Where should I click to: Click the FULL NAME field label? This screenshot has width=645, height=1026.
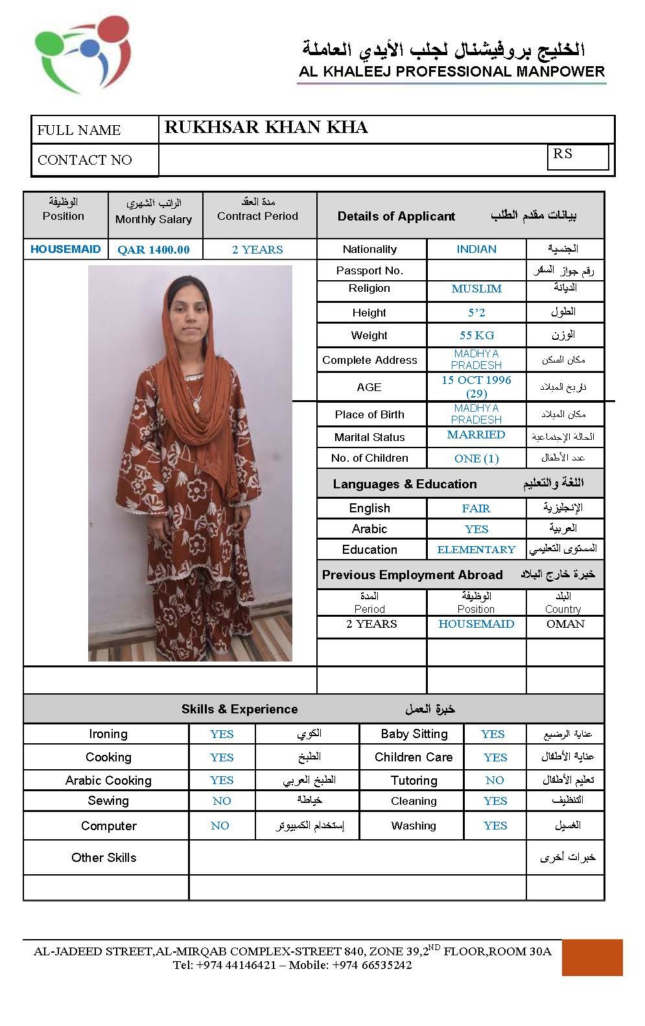click(x=79, y=130)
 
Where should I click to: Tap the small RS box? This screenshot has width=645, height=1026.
click(x=578, y=156)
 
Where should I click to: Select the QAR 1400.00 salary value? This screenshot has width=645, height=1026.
click(x=154, y=250)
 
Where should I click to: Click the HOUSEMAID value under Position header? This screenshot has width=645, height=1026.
click(x=65, y=249)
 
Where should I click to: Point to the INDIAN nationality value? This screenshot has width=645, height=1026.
click(x=476, y=249)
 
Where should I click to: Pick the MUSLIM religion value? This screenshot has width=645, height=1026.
click(x=476, y=289)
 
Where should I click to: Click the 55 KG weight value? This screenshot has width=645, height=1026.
click(x=476, y=335)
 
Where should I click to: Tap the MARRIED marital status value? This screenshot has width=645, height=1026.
click(x=476, y=435)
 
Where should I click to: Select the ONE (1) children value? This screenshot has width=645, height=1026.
click(x=476, y=459)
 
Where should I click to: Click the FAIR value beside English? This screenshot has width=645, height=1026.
click(x=476, y=508)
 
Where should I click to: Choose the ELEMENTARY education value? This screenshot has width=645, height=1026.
click(x=476, y=550)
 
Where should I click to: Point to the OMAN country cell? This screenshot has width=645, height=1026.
click(x=565, y=624)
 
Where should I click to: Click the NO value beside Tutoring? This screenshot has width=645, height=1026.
click(x=495, y=780)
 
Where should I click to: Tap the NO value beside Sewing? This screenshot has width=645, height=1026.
click(x=222, y=801)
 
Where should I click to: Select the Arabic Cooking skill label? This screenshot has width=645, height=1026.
click(x=108, y=780)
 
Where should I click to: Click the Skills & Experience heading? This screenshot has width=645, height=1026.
click(x=240, y=709)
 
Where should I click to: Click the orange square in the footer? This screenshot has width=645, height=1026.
click(x=592, y=957)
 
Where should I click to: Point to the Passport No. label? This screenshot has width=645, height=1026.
click(x=369, y=270)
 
